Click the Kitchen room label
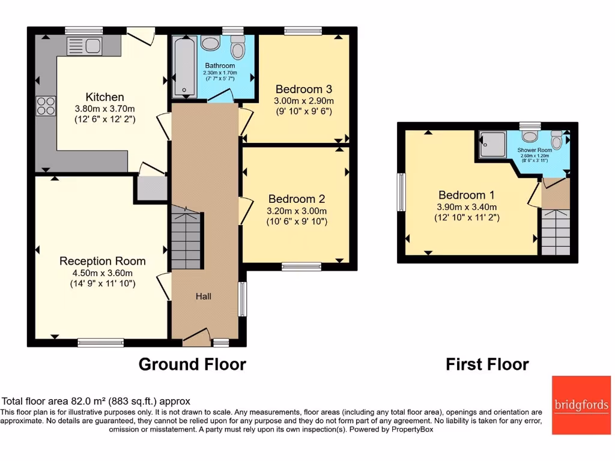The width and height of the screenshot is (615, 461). coord(105,97)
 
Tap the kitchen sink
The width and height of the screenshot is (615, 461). coord(85,46)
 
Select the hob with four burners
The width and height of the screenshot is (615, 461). coord(46,106)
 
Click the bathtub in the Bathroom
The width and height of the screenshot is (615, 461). coord(183,67)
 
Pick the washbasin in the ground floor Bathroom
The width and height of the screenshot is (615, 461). coord(210,43)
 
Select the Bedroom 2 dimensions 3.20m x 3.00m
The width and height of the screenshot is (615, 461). coord(297,211)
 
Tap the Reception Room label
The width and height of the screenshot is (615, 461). coord(102,261)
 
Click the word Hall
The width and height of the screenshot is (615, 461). coord(203,296)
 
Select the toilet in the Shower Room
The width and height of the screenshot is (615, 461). coord(557,141)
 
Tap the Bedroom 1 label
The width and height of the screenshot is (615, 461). coord(467,195)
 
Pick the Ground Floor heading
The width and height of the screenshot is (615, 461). coord(192,364)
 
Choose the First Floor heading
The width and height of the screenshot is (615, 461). coord(487,364)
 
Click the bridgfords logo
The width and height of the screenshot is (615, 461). coord(581,405)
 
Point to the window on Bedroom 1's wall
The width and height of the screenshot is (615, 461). coord(401,193)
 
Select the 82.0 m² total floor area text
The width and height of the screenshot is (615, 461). coord(97,401)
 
